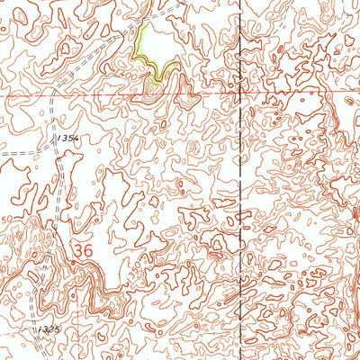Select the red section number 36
pos(84,249)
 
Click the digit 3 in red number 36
pos(78,249)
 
